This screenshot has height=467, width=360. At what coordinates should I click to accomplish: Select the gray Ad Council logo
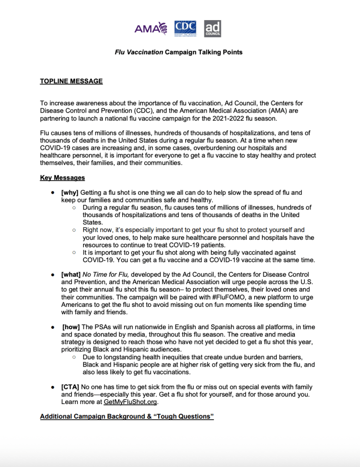tap(213, 28)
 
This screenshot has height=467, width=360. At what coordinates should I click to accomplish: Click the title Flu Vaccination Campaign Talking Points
tap(179, 52)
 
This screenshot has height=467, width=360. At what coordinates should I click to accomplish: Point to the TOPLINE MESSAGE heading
tap(71, 82)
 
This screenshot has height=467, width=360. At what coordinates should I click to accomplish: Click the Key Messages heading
tap(63, 178)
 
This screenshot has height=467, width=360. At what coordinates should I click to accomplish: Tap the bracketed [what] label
tap(71, 275)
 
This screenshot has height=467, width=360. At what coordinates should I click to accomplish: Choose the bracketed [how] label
tap(72, 327)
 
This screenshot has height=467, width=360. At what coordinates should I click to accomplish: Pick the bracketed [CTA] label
tap(71, 387)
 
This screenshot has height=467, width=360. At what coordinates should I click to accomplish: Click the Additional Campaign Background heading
tap(127, 417)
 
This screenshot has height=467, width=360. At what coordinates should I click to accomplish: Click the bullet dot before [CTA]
tap(53, 387)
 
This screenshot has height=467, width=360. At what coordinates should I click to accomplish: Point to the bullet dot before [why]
tap(53, 193)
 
